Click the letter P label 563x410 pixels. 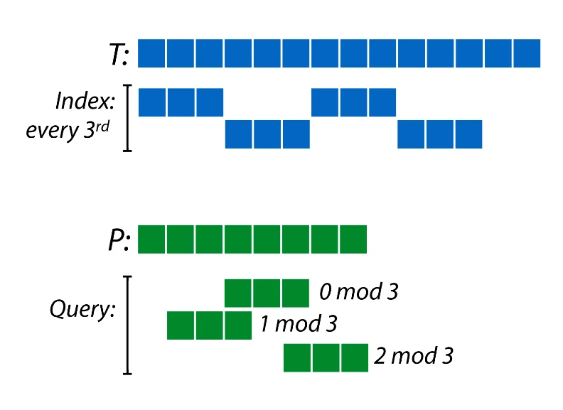tap(117, 240)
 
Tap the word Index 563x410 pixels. tap(85, 102)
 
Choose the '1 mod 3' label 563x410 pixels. tap(298, 324)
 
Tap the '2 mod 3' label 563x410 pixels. tap(413, 356)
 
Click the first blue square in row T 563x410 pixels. tap(151, 53)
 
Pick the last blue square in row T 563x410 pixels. tap(526, 53)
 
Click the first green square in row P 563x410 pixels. tap(151, 239)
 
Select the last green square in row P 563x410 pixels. tap(353, 239)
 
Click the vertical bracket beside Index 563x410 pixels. tap(128, 118)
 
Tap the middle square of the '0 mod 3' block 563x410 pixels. tap(267, 293)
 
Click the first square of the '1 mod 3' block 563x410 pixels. tap(181, 325)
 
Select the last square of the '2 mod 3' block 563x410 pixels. tap(353, 357)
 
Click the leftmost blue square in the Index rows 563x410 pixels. tap(151, 102)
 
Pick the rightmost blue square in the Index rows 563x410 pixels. tap(468, 134)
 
